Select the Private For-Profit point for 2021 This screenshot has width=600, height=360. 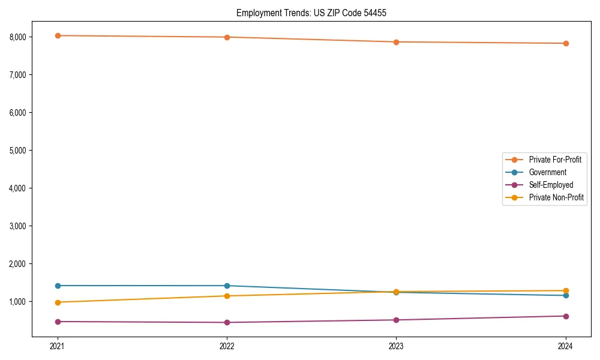pyautogui.click(x=58, y=35)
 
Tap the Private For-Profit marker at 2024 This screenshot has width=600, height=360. pyautogui.click(x=566, y=43)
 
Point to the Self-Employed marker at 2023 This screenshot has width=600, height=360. pyautogui.click(x=396, y=320)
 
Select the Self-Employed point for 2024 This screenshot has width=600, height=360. pyautogui.click(x=566, y=316)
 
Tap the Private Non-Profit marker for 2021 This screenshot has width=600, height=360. pyautogui.click(x=58, y=302)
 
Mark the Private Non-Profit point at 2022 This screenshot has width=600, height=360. pyautogui.click(x=227, y=296)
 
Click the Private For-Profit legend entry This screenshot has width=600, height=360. pyautogui.click(x=554, y=160)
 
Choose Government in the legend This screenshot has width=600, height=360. pyautogui.click(x=547, y=172)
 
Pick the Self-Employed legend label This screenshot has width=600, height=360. pyautogui.click(x=551, y=185)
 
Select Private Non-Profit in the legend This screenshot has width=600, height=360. pyautogui.click(x=556, y=197)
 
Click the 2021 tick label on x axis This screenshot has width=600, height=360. pyautogui.click(x=58, y=346)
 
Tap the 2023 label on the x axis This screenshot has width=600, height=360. pyautogui.click(x=396, y=346)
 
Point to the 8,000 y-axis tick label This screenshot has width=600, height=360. pyautogui.click(x=17, y=37)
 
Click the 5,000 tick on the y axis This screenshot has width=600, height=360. pyautogui.click(x=17, y=151)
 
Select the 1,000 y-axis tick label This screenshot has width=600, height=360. pyautogui.click(x=17, y=302)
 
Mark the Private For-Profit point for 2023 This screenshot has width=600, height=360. pyautogui.click(x=396, y=42)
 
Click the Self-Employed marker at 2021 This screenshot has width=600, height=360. pyautogui.click(x=58, y=322)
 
